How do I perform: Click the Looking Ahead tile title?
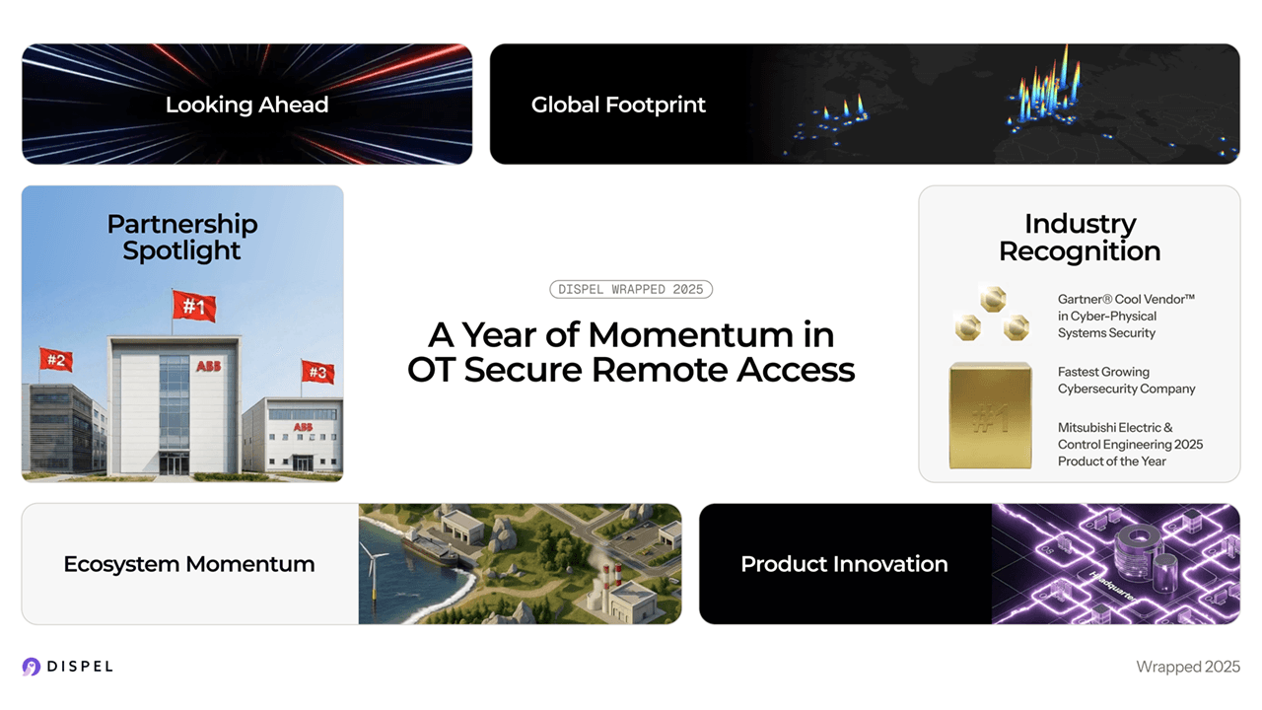[246, 105]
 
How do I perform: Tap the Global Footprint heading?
[618, 105]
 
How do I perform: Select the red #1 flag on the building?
[194, 307]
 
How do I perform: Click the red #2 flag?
[56, 360]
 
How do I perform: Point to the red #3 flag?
[317, 372]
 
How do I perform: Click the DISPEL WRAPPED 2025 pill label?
[631, 289]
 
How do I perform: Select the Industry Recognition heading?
[1080, 238]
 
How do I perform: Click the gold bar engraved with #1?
[990, 415]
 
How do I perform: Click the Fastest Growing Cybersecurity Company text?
[1126, 381]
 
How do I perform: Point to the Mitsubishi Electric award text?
[1130, 445]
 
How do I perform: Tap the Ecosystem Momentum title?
[189, 564]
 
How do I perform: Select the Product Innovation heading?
[844, 564]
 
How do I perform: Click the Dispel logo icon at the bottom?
[32, 667]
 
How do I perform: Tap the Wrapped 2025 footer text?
[1187, 667]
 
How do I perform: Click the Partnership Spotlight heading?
[182, 238]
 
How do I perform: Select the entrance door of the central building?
[175, 463]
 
